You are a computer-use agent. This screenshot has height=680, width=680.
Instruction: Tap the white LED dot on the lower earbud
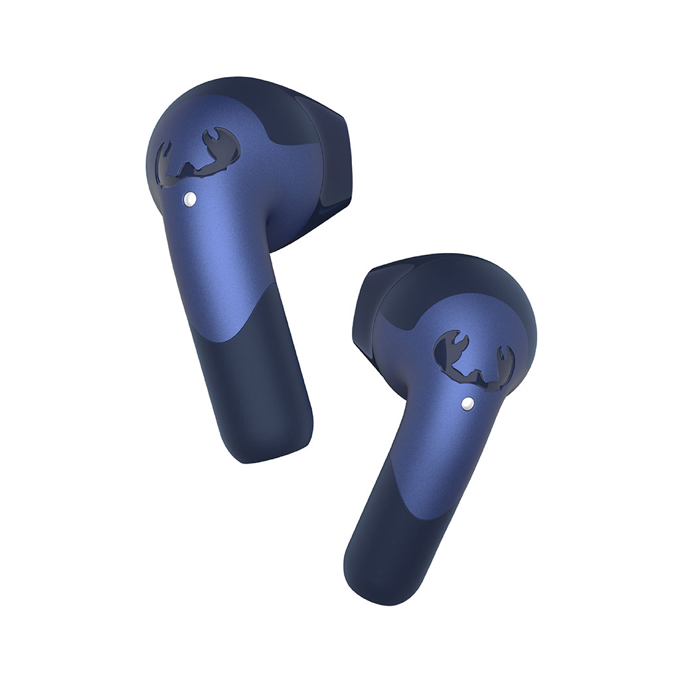pos(467,402)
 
